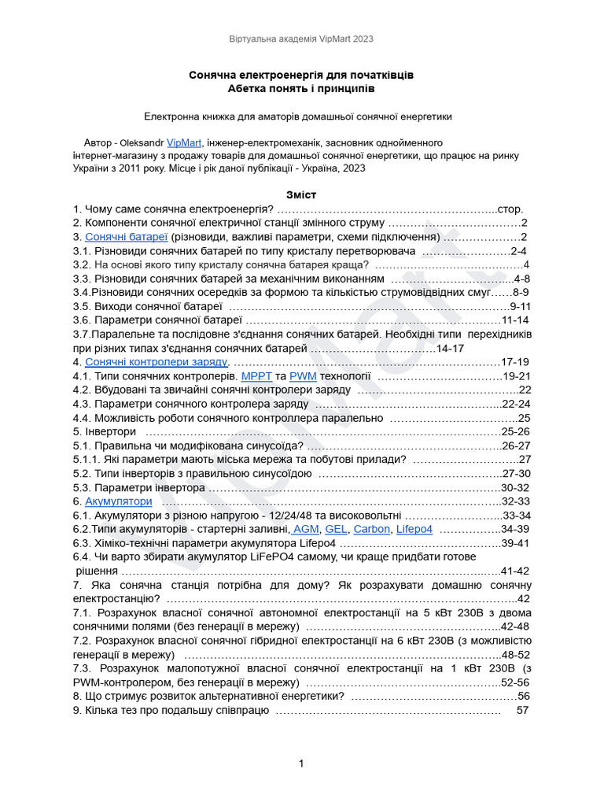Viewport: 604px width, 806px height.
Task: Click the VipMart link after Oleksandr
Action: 185,143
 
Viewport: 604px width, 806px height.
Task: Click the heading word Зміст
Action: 301,194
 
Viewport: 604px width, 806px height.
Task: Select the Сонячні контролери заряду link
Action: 156,362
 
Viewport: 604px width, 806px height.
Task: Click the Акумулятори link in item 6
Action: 118,501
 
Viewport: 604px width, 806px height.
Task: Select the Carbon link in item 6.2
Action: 371,529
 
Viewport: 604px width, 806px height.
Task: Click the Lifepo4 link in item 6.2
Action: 414,529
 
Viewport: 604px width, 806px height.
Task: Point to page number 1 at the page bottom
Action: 301,763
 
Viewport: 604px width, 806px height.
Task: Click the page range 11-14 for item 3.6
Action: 515,320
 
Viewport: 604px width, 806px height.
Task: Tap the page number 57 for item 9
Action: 522,710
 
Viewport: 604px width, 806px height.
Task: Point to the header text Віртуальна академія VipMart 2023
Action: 302,38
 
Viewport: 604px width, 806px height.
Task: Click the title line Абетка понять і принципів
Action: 301,89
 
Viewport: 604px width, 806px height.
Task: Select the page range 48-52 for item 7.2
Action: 516,654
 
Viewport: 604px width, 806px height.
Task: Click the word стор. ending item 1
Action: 510,209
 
